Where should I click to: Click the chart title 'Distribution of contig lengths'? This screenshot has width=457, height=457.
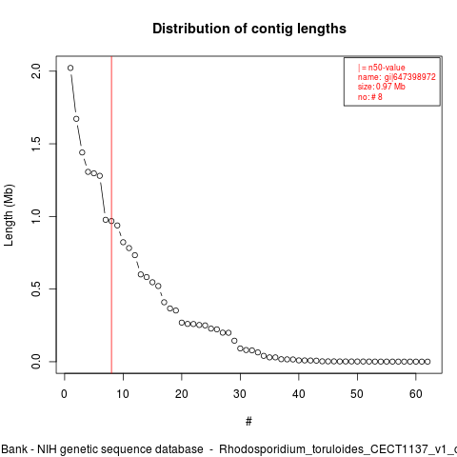click(x=249, y=29)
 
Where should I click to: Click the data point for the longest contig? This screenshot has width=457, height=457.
click(x=70, y=68)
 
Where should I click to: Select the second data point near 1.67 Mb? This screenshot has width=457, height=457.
click(x=76, y=119)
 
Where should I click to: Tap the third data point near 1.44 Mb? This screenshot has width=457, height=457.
click(x=82, y=152)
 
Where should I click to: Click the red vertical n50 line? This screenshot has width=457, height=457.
click(x=111, y=214)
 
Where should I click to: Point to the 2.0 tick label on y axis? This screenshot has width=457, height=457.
click(x=36, y=70)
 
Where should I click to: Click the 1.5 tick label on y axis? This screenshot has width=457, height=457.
click(x=36, y=144)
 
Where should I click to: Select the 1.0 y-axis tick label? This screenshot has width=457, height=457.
click(x=36, y=216)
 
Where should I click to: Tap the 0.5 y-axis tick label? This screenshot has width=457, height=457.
click(x=36, y=288)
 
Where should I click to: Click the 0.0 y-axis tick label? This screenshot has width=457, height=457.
click(x=36, y=362)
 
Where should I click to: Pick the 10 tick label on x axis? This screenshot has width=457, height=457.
click(x=123, y=394)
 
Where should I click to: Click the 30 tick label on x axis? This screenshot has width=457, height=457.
click(x=240, y=394)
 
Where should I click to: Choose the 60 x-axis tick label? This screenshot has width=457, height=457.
click(x=416, y=394)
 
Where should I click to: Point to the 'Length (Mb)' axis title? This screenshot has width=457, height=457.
click(x=9, y=215)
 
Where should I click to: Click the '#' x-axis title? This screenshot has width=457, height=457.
click(x=248, y=422)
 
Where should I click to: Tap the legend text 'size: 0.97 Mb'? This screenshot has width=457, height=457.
click(x=382, y=87)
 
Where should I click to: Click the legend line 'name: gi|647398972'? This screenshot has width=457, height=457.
click(x=397, y=77)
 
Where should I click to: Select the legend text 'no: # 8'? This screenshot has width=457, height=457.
click(x=370, y=97)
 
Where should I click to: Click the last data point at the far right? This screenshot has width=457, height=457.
click(x=427, y=362)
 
